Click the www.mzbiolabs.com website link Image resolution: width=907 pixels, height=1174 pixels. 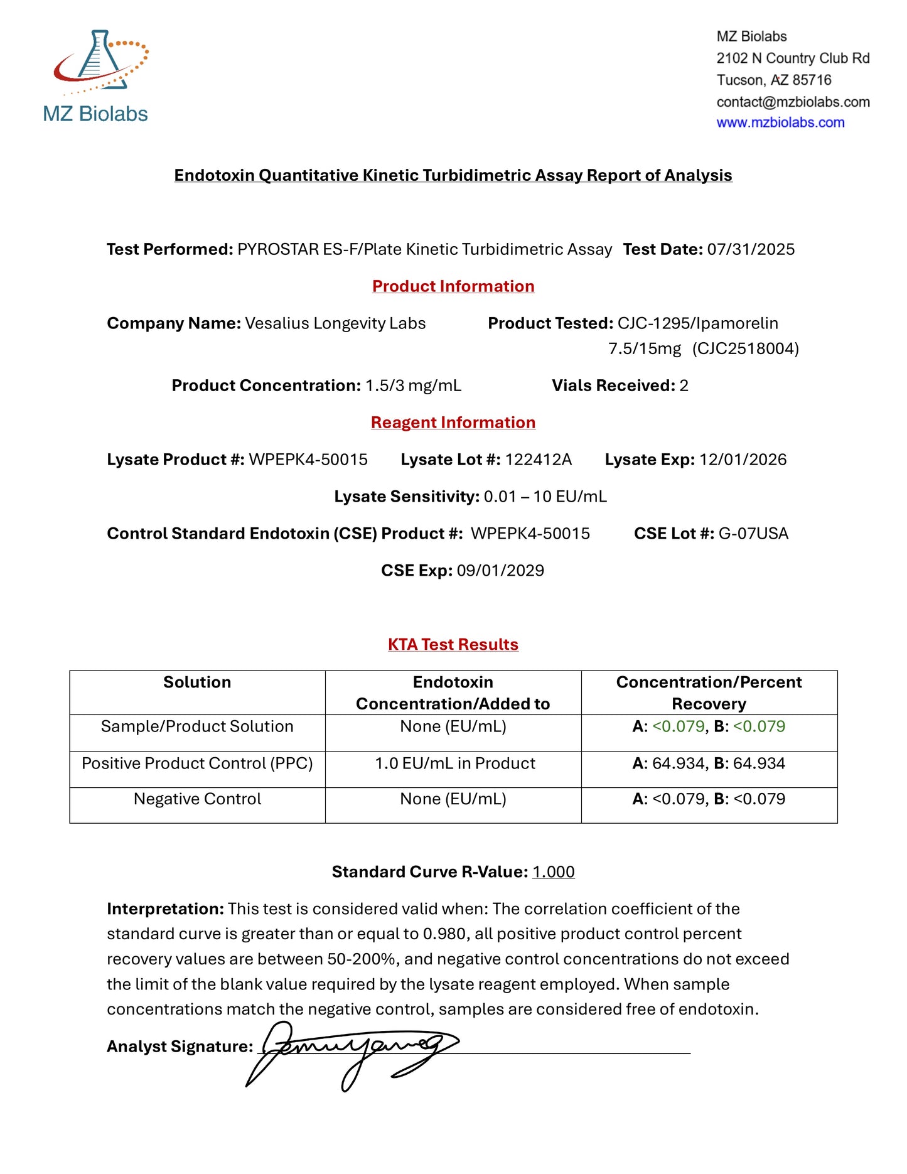tap(780, 122)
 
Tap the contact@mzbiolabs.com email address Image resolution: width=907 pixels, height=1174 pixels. tap(793, 102)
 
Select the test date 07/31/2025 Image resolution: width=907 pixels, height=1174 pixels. tap(751, 249)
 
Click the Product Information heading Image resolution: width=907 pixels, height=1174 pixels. tap(453, 286)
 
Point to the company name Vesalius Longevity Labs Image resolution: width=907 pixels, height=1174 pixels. tap(335, 323)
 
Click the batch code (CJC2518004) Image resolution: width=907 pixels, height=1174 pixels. tap(746, 348)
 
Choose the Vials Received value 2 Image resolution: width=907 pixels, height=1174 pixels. tap(684, 385)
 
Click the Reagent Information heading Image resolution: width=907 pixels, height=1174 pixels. tap(453, 423)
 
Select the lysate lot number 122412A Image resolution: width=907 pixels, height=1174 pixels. tap(539, 460)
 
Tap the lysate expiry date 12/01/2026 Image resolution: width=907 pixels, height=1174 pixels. tap(743, 460)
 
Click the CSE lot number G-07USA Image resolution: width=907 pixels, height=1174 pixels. tap(753, 534)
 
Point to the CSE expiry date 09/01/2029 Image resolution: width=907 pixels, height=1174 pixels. tap(500, 571)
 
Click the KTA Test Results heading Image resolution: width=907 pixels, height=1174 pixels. tap(453, 645)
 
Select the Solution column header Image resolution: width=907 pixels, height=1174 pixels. tap(197, 682)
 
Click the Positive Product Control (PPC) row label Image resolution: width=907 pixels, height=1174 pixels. tap(197, 763)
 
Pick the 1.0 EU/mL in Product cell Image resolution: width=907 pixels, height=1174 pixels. tap(455, 763)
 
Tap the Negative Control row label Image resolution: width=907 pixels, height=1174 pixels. tap(197, 799)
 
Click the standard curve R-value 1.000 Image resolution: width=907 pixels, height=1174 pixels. tap(553, 872)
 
